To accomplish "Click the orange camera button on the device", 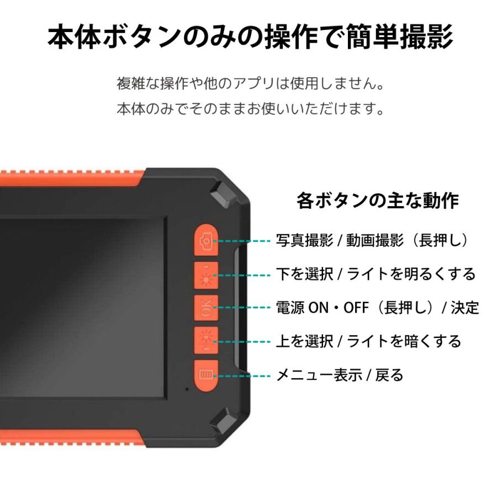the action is point(206,241).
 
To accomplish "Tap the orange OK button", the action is point(206,308).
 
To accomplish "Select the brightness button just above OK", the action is point(206,274).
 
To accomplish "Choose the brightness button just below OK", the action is point(206,341).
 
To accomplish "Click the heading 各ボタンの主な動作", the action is point(377,200).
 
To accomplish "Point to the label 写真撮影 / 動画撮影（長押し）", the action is point(373,240).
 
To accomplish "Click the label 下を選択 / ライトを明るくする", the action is point(376,274).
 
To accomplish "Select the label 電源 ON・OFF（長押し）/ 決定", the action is point(377,308).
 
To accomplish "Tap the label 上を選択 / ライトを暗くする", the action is point(368,341).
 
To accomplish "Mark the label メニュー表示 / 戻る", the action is point(340,376).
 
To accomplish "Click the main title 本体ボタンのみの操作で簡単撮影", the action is point(250,38).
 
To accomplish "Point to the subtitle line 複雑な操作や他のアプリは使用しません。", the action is point(250,84).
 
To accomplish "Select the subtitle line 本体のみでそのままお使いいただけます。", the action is point(250,108).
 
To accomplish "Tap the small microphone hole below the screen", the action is point(187,389).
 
